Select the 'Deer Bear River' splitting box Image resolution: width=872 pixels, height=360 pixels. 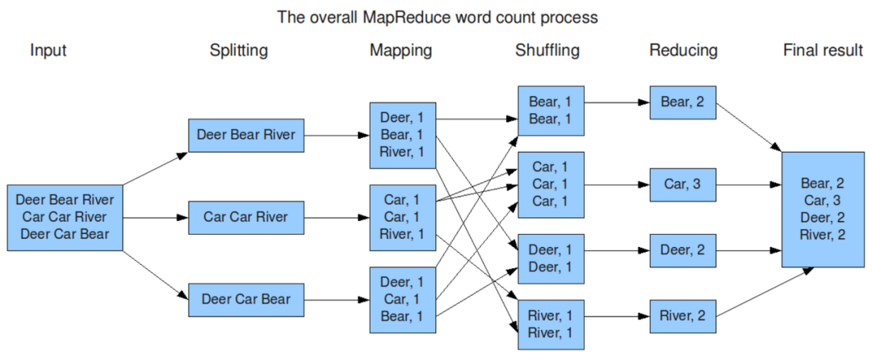246,135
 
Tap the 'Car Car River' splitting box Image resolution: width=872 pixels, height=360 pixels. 246,217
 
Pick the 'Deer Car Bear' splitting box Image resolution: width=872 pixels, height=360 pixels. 246,300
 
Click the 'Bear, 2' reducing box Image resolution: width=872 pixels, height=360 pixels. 683,103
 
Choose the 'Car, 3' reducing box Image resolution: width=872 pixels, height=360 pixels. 683,185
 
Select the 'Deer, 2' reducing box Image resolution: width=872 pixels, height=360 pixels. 683,250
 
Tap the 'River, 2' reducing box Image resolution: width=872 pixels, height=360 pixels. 683,316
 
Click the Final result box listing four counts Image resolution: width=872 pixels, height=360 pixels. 823,209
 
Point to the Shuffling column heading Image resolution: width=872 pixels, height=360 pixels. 547,51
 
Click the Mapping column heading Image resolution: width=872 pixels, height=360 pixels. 401,51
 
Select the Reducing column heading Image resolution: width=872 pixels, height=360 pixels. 684,51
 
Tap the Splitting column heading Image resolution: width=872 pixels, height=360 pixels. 238,51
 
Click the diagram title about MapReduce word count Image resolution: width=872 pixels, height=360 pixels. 438,17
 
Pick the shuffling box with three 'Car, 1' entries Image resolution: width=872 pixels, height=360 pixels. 551,185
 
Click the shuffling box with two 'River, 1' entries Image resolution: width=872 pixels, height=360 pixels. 551,325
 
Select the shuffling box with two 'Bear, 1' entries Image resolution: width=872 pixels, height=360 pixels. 551,111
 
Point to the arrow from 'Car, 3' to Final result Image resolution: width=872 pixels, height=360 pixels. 749,185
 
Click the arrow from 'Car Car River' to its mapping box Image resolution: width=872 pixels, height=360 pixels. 337,217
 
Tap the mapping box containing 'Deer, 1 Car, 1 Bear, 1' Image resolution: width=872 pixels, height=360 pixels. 403,300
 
